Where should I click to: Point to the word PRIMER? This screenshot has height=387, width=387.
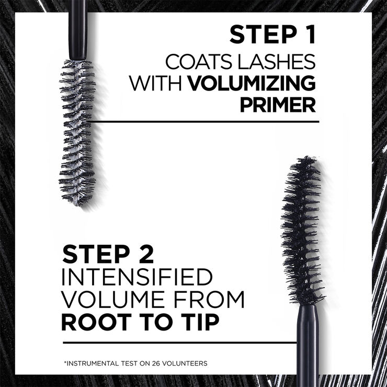(278, 105)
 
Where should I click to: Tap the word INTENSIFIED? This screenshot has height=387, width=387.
(137, 277)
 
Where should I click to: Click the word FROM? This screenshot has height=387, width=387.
(210, 300)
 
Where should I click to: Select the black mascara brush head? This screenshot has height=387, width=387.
(303, 230)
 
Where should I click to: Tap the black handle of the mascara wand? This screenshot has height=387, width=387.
(308, 345)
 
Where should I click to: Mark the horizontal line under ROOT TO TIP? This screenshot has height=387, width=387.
(178, 344)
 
